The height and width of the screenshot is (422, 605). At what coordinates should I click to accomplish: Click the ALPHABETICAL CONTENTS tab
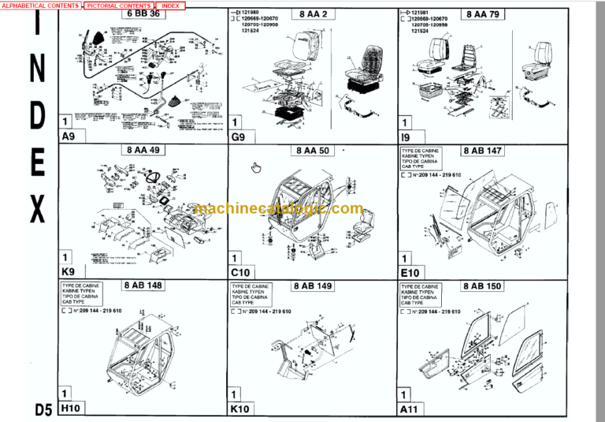pos(40,6)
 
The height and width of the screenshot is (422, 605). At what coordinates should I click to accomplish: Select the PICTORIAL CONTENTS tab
pos(118,6)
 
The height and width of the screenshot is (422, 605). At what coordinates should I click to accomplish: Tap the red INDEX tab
pos(170,6)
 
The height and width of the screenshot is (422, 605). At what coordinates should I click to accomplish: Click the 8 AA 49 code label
pos(142,150)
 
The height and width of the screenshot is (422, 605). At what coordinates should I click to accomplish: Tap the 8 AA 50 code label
pos(313,150)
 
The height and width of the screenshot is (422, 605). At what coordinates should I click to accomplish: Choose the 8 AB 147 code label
pos(483,150)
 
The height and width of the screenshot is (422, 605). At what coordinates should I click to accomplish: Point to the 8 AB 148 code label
pos(142,286)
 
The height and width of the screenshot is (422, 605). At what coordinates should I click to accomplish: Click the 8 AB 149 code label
pos(313,286)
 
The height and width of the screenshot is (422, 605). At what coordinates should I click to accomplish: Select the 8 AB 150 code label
pos(483,286)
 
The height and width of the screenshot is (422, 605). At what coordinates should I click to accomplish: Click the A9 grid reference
pos(69,136)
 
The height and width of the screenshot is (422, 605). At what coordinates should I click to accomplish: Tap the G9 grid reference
pos(238,136)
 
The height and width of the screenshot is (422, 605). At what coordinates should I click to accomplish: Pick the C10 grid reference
pos(240,271)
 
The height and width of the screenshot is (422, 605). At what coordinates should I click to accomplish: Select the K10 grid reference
pos(240,408)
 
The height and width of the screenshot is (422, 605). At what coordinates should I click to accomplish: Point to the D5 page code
pos(43,409)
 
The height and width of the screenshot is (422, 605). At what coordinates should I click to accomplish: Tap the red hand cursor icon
pos(255,167)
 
